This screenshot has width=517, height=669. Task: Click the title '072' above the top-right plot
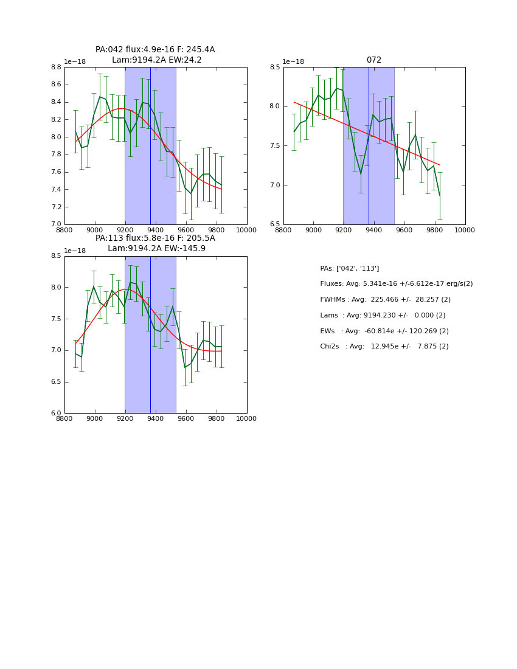(x=373, y=60)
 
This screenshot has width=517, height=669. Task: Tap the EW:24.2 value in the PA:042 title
(x=187, y=60)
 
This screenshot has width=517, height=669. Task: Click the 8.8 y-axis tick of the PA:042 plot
(x=55, y=68)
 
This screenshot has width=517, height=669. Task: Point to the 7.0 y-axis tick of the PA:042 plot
(x=55, y=224)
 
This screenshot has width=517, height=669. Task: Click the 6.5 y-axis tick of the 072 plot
(x=274, y=224)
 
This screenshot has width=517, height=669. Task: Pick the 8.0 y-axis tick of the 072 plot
(x=274, y=106)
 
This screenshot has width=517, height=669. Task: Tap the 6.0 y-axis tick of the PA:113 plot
(x=55, y=414)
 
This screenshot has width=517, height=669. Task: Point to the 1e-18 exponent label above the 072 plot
(x=293, y=61)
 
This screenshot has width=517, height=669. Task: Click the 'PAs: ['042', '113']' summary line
(x=350, y=268)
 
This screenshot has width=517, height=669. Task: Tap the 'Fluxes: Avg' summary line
(x=396, y=284)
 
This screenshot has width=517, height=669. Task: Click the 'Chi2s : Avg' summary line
(x=384, y=347)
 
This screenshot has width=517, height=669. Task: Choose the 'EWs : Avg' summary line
(x=384, y=331)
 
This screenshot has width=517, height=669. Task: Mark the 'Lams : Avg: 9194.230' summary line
(x=383, y=316)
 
